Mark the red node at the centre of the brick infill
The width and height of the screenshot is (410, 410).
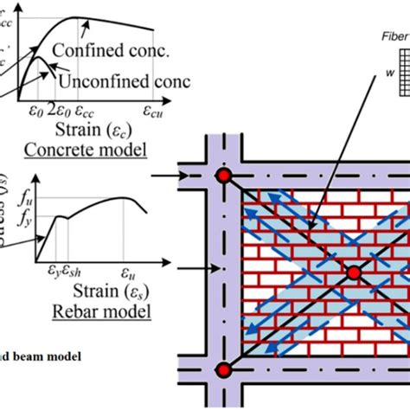tap(353, 273)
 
